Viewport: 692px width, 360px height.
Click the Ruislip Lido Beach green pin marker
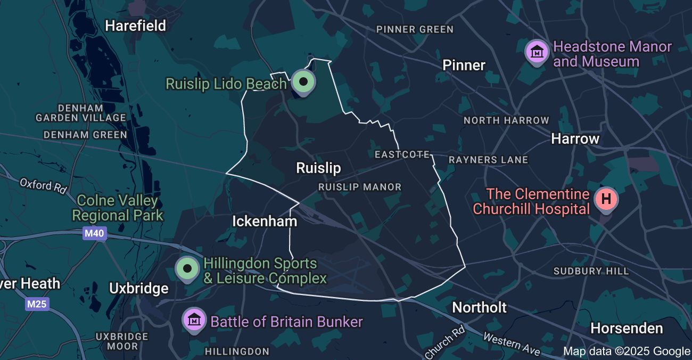coord(304,83)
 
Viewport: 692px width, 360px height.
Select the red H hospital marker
coord(606,200)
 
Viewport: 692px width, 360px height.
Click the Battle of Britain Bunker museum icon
coord(194,320)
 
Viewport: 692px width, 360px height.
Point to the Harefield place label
coord(135,26)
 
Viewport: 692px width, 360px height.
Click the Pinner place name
coord(464,66)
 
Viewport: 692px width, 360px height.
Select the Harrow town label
coord(575,139)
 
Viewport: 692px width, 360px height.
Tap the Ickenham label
coord(264,221)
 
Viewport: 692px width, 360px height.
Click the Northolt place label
coord(479,307)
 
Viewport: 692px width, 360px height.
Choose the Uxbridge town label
coord(138,289)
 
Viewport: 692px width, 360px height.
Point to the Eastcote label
coord(402,154)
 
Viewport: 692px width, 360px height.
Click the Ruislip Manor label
coord(360,187)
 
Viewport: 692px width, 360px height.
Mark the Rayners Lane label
coord(488,160)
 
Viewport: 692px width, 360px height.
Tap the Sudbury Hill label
coord(591,271)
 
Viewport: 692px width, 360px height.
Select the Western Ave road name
coord(512,343)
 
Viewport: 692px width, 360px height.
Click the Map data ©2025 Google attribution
coord(627,351)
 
